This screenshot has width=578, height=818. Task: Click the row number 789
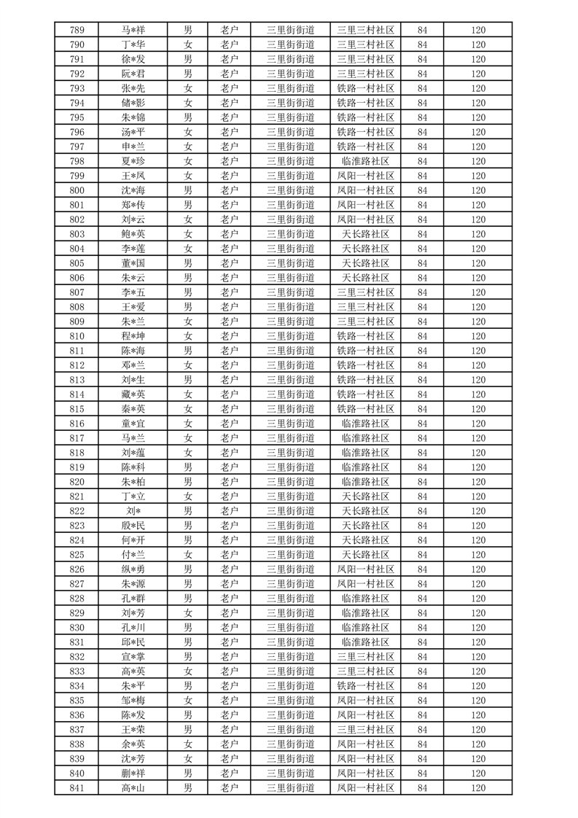click(77, 30)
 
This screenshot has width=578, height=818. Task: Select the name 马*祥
click(133, 30)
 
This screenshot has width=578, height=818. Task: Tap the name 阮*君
click(133, 74)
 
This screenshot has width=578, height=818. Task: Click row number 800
click(77, 190)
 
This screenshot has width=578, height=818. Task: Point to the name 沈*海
click(133, 190)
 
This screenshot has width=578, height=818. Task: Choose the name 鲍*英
click(133, 234)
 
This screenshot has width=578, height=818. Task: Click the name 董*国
click(133, 263)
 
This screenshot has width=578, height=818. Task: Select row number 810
click(77, 336)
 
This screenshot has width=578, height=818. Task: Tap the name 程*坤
click(133, 336)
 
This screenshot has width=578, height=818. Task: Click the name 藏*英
click(133, 394)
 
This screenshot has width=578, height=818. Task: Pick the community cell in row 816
click(365, 424)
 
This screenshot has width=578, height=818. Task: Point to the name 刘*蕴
click(133, 453)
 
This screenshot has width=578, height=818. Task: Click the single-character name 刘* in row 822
click(133, 511)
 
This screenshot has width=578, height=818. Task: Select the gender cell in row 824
click(188, 540)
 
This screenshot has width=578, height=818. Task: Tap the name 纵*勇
click(133, 569)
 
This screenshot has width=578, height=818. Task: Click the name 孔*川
click(133, 628)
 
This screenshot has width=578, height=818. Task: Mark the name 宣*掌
click(133, 657)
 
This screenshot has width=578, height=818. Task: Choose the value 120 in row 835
click(477, 701)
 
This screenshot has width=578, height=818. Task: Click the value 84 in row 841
click(422, 788)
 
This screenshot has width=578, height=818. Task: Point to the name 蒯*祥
click(133, 774)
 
